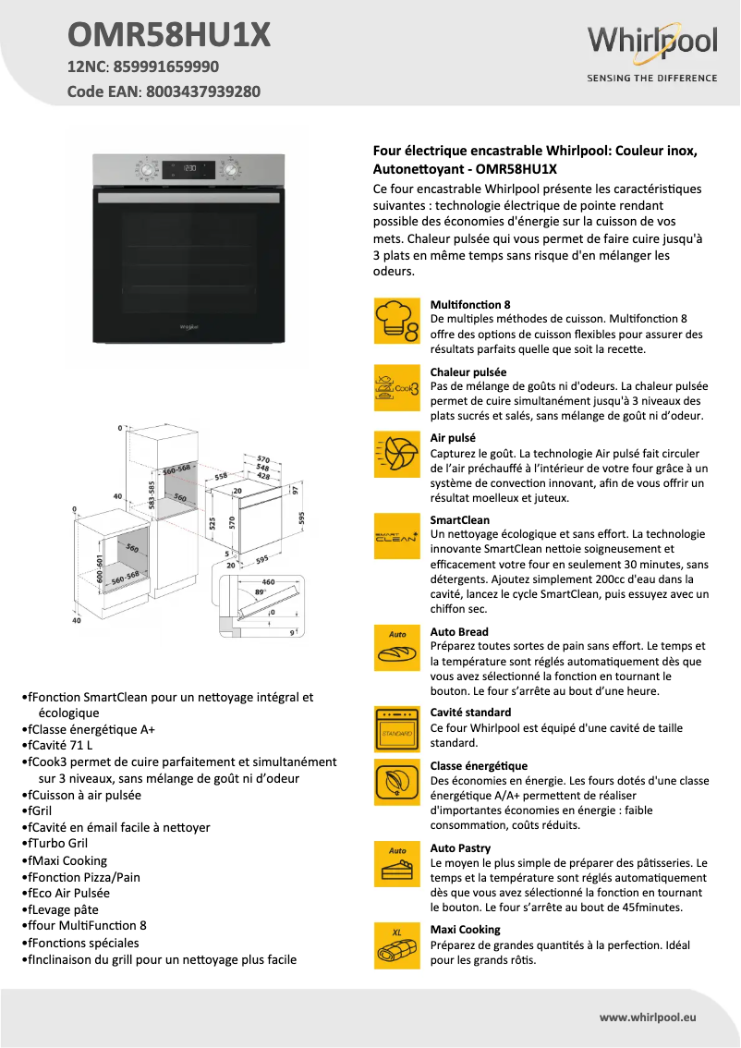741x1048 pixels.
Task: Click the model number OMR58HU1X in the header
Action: [x=169, y=35]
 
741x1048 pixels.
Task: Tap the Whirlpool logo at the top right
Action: [x=652, y=43]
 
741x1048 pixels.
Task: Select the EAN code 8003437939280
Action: [x=202, y=91]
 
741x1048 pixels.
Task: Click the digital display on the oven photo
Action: [x=192, y=170]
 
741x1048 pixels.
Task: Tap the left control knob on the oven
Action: [x=144, y=170]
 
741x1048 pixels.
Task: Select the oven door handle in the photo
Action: [x=189, y=199]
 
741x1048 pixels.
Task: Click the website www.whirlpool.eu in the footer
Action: [x=648, y=1017]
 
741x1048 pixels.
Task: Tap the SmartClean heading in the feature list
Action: [x=460, y=520]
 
